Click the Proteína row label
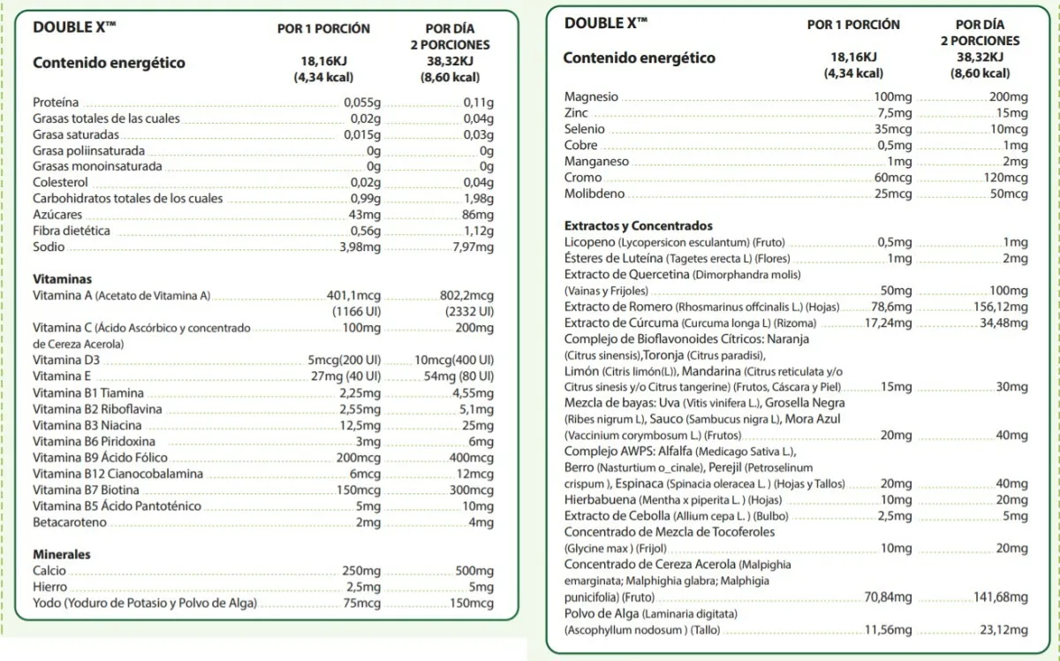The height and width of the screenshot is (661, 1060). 56,103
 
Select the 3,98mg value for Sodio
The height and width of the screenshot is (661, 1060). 360,247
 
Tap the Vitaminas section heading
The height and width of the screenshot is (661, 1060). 62,279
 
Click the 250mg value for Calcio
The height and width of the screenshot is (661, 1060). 361,571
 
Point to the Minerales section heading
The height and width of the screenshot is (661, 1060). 62,555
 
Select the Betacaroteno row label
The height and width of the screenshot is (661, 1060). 70,522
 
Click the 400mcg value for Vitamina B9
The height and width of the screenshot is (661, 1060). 472,458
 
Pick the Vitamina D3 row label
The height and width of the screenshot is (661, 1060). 66,361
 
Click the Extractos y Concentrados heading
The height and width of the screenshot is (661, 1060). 638,226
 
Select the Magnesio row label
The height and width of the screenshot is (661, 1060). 591,97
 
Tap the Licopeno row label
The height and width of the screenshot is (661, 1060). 590,242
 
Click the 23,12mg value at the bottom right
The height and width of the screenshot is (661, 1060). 1004,630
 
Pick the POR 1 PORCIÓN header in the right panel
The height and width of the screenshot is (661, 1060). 853,25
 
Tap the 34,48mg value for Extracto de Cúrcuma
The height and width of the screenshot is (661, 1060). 1004,323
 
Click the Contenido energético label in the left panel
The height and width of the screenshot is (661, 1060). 109,63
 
